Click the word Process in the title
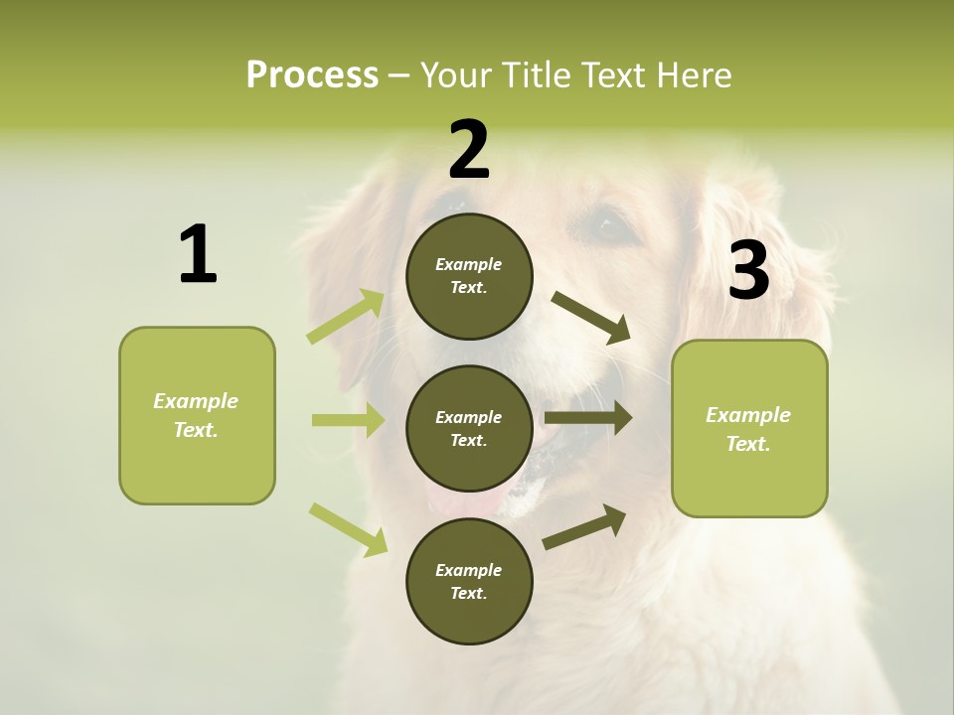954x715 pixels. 312,75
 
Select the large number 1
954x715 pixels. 198,255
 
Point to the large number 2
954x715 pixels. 469,150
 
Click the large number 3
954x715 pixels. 748,271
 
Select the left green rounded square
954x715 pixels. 197,415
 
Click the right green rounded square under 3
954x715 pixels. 749,429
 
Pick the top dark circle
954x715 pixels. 469,276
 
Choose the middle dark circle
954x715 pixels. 469,429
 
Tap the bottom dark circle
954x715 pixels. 469,581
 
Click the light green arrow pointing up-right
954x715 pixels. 346,316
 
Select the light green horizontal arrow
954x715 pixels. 348,420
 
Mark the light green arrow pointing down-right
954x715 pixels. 348,529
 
